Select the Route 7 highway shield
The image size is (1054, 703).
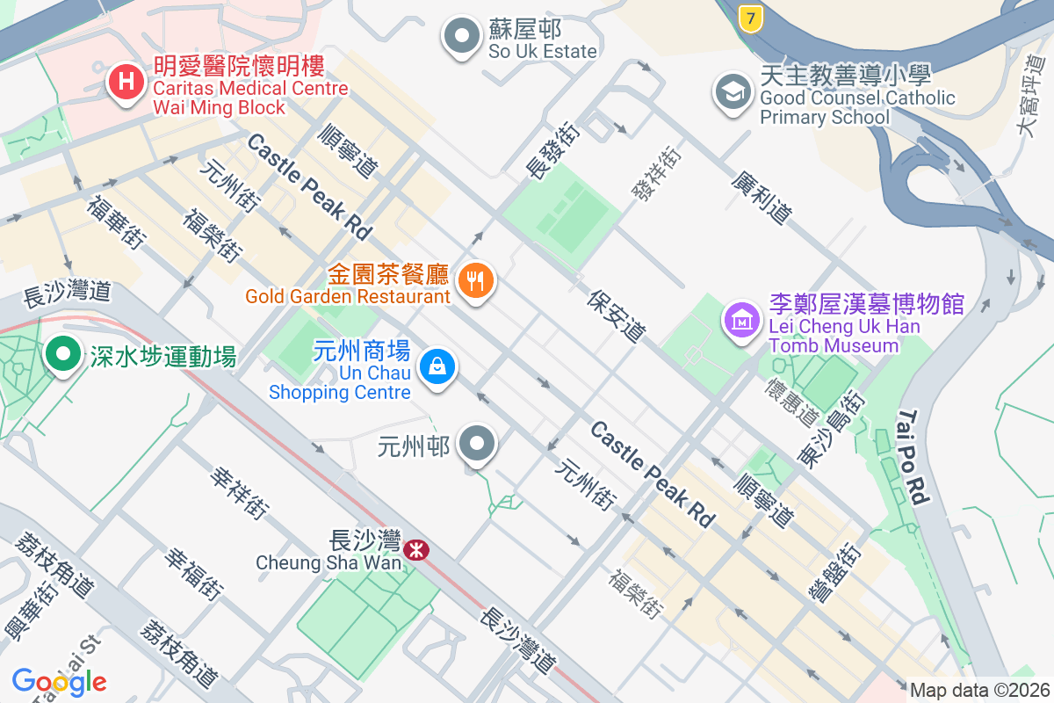tap(749, 18)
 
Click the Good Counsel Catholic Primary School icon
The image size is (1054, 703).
tap(733, 92)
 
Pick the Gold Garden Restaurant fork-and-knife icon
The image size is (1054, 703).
tap(476, 281)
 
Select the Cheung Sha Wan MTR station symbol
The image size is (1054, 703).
tap(416, 550)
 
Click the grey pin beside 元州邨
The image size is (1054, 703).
tap(478, 445)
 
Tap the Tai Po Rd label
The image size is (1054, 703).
tap(913, 457)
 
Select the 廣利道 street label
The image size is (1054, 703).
tap(762, 198)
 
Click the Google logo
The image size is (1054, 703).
tap(59, 681)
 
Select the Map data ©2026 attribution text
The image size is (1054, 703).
tap(979, 691)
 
